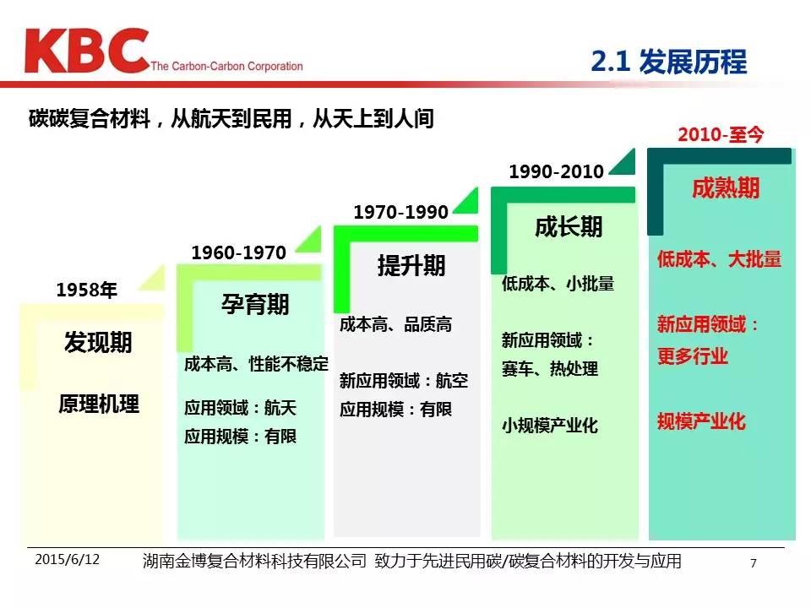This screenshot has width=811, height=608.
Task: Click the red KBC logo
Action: coord(86,51)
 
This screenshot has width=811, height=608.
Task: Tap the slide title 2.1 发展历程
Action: coord(669,62)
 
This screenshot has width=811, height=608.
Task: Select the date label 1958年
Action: coord(86,290)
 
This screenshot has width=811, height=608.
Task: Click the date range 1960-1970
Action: coord(238,252)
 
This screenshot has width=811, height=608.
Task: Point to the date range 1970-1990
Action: coord(400,212)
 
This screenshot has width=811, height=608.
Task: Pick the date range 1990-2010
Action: coord(557,171)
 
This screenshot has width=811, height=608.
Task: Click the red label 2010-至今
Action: coord(721,134)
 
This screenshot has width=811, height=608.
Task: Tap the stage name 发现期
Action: coord(98,342)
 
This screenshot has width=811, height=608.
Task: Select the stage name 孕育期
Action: coord(255,304)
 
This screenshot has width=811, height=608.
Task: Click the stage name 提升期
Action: coord(411,265)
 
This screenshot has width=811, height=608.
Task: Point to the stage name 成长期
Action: coord(569,226)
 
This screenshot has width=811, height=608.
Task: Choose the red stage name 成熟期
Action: coord(726,187)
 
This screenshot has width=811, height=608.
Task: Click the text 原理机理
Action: coord(98,404)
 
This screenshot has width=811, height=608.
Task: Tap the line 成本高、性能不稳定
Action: coord(256,364)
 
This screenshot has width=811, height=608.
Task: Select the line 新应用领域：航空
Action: coord(404,381)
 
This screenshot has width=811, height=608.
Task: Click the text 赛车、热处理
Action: coord(549,369)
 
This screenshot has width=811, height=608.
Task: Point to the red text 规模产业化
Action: coord(701,421)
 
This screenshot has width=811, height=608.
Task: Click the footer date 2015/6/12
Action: coord(68,559)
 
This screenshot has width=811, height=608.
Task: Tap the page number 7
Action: coord(754,562)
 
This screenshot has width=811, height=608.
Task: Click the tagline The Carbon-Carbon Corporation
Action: coord(226,66)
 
